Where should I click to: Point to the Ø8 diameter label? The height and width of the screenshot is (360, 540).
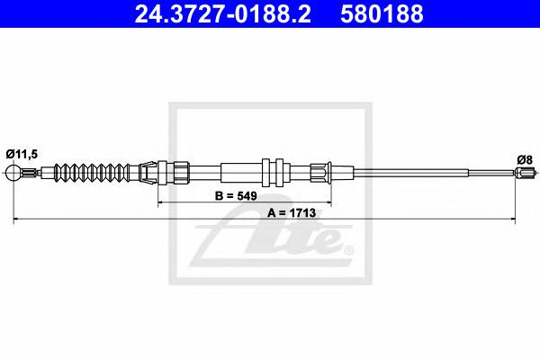tap(525, 158)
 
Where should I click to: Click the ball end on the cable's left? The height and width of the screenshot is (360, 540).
tap(13, 173)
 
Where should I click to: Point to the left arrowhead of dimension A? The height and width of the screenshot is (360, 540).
tap(16, 220)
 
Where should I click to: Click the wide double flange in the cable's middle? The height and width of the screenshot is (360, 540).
tap(274, 171)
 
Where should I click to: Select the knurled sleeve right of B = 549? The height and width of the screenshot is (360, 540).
tap(320, 171)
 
